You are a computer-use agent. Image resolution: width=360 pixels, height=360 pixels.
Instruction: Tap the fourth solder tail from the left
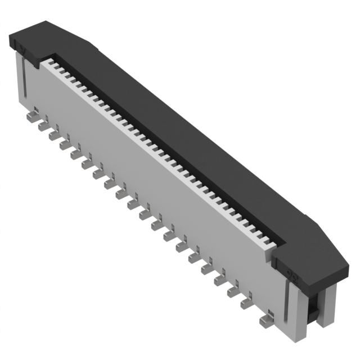65,145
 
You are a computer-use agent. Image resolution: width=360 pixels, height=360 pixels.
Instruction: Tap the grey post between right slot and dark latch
299,312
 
